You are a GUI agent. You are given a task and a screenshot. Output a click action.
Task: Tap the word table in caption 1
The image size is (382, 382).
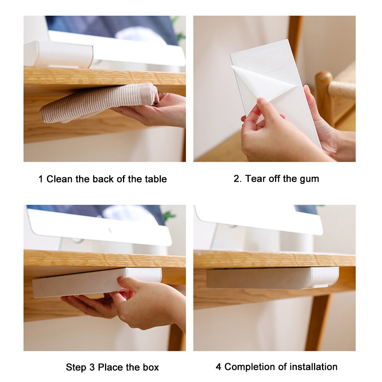click(x=155, y=179)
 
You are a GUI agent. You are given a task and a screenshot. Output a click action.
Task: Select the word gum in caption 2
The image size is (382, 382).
click(x=309, y=179)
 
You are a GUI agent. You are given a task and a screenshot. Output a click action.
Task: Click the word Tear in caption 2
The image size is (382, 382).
click(x=256, y=178)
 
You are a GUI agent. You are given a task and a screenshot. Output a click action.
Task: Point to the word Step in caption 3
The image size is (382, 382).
click(x=76, y=367)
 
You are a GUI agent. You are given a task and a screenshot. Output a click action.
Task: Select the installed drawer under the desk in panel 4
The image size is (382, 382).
click(x=272, y=278)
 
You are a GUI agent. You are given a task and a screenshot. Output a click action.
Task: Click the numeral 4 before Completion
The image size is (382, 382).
click(x=219, y=367)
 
